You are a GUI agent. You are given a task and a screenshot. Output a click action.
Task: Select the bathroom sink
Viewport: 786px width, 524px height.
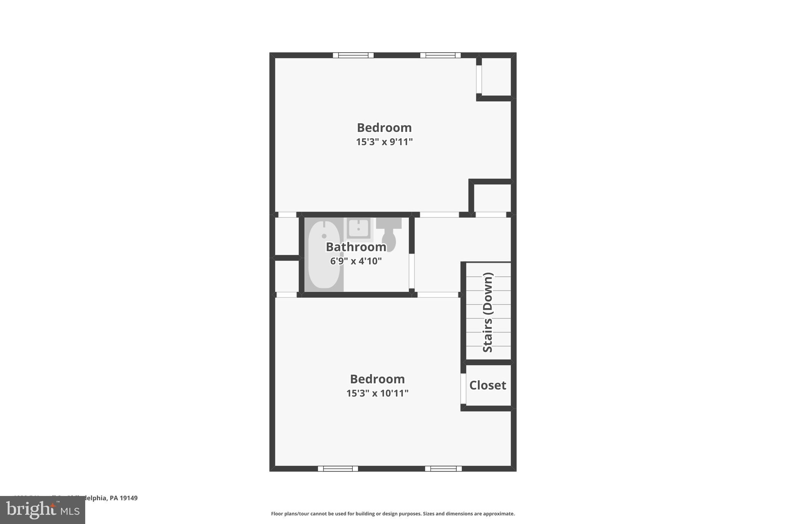coord(358,228)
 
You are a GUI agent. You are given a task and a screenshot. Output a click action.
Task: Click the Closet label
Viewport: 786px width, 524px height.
coord(487,385)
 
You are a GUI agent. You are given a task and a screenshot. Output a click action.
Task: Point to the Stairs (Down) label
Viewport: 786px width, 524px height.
coord(487,312)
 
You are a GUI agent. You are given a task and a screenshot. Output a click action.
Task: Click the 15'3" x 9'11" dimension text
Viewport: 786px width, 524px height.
coord(384,142)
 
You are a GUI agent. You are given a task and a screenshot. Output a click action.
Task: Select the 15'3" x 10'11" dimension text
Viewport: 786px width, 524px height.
coord(377,393)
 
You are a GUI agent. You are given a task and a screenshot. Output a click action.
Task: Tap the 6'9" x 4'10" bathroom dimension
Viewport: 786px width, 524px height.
coord(356,261)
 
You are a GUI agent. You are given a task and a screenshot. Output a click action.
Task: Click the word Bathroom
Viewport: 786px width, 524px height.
coord(356,247)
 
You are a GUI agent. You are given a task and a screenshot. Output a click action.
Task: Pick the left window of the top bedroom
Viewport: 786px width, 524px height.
coord(353,55)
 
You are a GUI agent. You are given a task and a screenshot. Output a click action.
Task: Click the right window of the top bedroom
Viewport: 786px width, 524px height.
coord(440,55)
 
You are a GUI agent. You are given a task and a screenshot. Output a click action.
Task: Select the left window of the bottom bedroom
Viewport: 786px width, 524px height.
coord(338,468)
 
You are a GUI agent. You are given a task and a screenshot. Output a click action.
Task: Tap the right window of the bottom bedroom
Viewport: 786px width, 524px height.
coord(443,468)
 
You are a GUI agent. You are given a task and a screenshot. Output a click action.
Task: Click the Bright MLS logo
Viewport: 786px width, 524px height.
coord(43,510)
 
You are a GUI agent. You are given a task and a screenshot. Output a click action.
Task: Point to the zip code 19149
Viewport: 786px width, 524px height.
coord(129,498)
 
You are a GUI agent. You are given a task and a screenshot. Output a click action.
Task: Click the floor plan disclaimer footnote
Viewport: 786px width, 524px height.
coord(393,514)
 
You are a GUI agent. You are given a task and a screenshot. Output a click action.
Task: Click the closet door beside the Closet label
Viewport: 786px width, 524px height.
coord(463,388)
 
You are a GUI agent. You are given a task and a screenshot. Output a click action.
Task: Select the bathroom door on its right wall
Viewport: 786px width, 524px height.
coord(411,271)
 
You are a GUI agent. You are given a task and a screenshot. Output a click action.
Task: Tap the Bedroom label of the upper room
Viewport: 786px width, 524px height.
coord(384,127)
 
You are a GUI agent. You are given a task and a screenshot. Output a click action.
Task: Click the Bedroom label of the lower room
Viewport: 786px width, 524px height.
coord(377,379)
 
